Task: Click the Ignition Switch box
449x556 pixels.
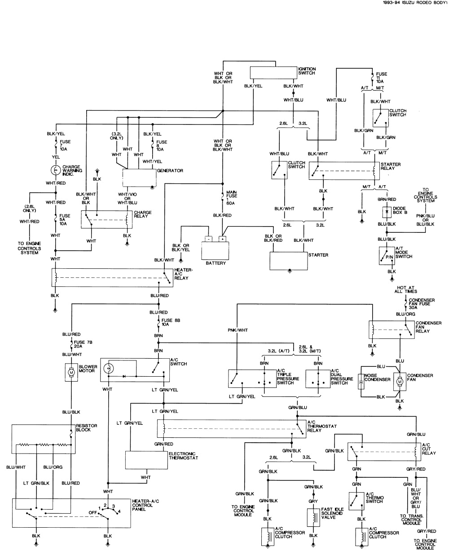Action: click(273, 73)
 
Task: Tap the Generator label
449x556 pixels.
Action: click(170, 171)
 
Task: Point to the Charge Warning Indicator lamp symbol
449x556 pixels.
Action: click(56, 170)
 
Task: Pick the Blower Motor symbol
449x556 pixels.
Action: click(71, 372)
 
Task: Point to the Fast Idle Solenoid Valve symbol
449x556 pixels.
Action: click(313, 517)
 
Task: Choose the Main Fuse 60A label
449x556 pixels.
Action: click(232, 196)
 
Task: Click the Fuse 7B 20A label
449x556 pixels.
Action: click(83, 344)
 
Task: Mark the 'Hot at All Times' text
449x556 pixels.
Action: click(406, 289)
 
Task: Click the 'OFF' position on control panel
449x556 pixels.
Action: click(93, 512)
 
